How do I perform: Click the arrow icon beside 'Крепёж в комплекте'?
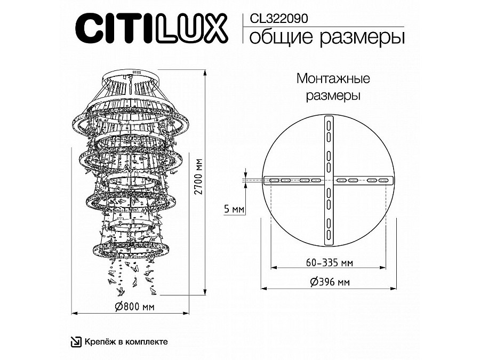click(77, 341)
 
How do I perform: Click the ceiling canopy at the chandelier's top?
click(131, 74)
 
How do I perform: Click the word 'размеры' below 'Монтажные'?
click(333, 97)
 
